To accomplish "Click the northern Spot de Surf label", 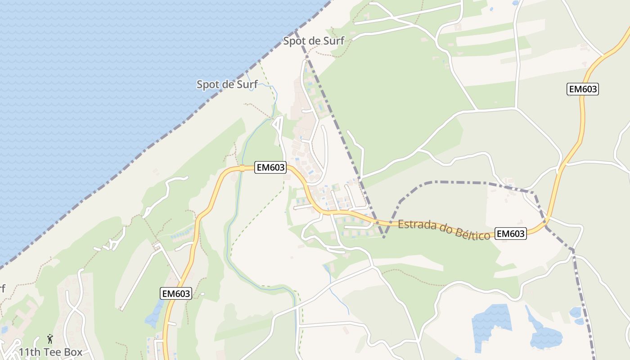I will tap(313, 41).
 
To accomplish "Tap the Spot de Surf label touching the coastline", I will tap(227, 84).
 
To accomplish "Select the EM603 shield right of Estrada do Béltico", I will tap(510, 234).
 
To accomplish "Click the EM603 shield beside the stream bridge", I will tap(270, 167).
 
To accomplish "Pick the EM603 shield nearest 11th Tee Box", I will tap(176, 294).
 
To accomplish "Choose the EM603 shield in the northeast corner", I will tap(582, 89).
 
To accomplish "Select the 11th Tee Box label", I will tap(50, 351).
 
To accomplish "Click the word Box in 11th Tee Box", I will tap(73, 351).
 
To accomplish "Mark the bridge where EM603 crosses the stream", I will tap(242, 168).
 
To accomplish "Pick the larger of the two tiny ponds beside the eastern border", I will tap(576, 312).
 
